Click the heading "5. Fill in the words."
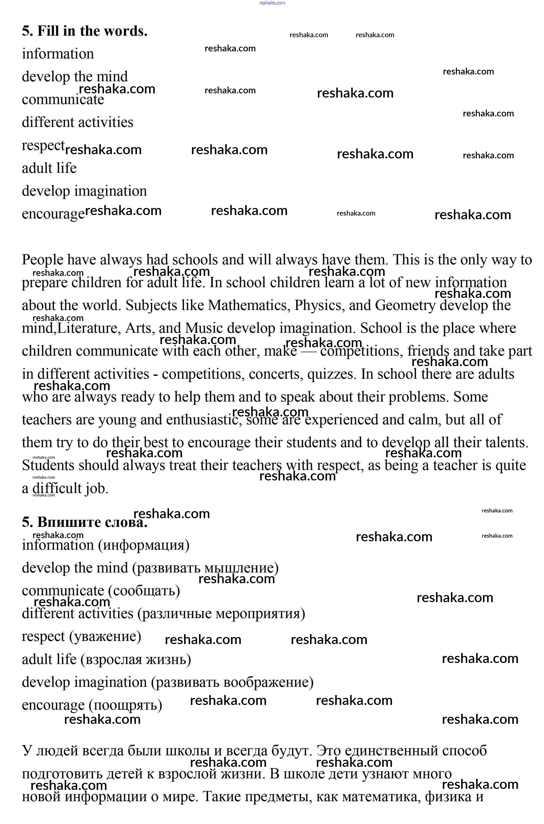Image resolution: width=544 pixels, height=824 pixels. click(85, 31)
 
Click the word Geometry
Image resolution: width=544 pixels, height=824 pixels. click(405, 306)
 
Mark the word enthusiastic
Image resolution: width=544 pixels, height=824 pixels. click(203, 420)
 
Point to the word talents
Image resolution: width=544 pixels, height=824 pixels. click(506, 443)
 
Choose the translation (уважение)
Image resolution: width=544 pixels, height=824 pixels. click(105, 637)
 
